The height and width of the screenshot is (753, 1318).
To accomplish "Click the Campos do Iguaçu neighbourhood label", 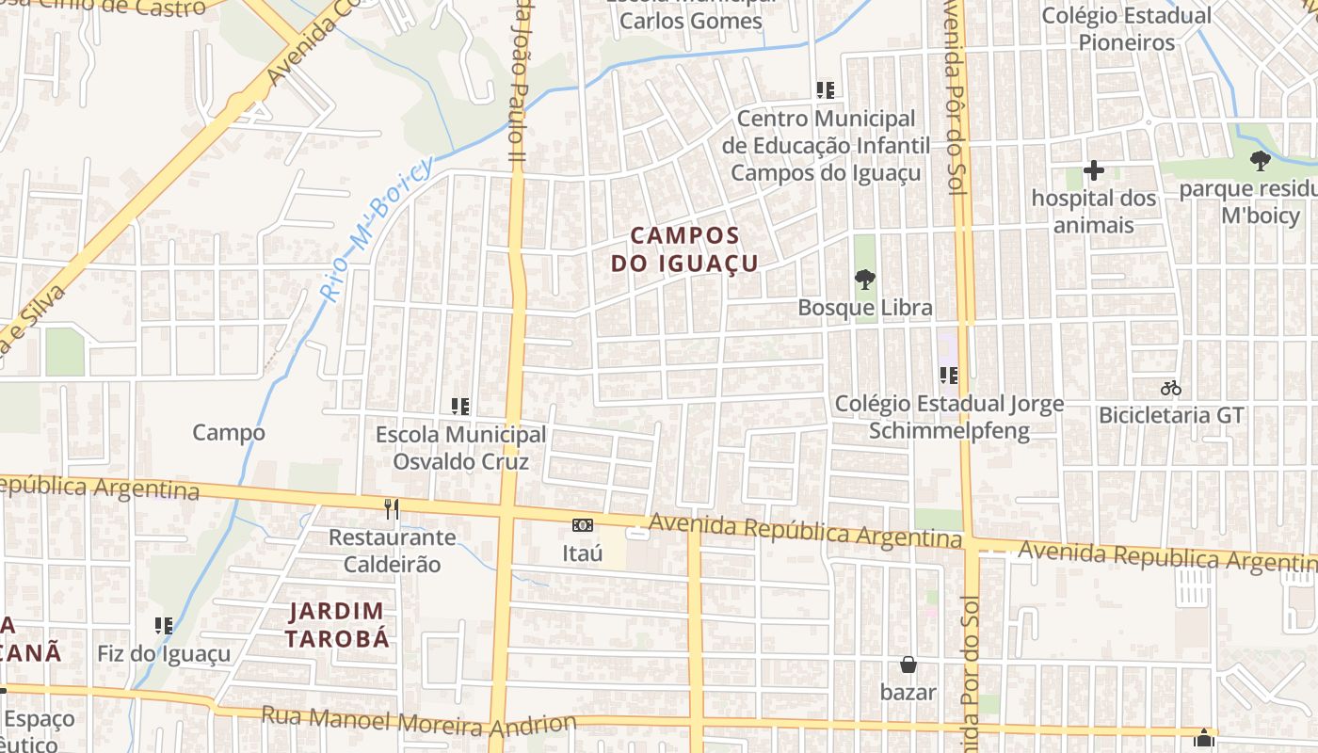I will tap(684, 249).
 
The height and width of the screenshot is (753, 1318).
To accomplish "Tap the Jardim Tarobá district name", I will tap(337, 625).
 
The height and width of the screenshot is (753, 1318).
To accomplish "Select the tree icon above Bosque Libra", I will tap(864, 280).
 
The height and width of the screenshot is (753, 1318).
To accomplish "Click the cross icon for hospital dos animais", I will tap(1093, 171).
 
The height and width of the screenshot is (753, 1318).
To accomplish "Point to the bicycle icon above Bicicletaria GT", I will tap(1171, 388).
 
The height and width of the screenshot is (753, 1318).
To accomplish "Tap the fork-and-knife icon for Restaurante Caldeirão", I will tap(392, 509).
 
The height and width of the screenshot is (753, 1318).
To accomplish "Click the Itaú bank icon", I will tap(583, 525).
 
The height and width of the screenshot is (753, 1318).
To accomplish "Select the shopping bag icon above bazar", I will tap(908, 665).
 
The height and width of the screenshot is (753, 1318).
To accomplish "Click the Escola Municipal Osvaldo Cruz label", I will tap(460, 448).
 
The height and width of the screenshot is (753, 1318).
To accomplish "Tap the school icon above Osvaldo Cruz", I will tap(460, 407).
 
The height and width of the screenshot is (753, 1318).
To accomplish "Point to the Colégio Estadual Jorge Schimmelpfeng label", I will tap(950, 417).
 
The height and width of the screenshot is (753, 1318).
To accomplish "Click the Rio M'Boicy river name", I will tap(376, 228).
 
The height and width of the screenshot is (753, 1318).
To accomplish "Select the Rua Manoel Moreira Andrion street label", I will tap(418, 721).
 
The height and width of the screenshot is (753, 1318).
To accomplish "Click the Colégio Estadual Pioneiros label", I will tap(1126, 29).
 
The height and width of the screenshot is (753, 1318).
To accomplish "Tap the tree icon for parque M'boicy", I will tap(1260, 162).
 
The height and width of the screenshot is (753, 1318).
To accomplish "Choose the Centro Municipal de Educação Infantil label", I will tap(826, 146).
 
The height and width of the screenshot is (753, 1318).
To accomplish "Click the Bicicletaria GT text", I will tap(1171, 415).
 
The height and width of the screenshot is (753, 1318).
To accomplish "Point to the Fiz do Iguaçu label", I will tap(164, 653).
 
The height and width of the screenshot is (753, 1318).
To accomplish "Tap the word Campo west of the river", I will tap(229, 433).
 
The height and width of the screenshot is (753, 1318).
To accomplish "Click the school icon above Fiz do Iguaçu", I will tap(164, 625).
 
